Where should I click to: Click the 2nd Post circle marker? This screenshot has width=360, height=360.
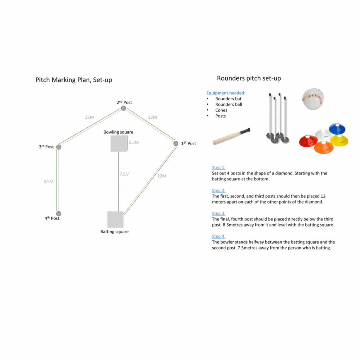pyautogui.click(x=123, y=108)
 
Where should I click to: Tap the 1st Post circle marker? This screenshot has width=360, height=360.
pyautogui.click(x=176, y=143)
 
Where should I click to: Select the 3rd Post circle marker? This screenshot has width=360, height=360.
pyautogui.click(x=59, y=147)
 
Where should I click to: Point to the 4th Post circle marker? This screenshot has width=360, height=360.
pyautogui.click(x=59, y=213)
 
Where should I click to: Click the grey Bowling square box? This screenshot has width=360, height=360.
pyautogui.click(x=118, y=144)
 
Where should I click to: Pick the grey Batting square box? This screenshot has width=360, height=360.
pyautogui.click(x=115, y=219)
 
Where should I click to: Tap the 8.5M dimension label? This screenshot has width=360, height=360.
pyautogui.click(x=49, y=181)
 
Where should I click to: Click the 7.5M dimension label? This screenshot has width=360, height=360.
pyautogui.click(x=124, y=174)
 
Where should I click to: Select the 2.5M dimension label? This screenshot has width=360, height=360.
pyautogui.click(x=134, y=142)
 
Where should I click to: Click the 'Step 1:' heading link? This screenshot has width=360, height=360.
pyautogui.click(x=219, y=167)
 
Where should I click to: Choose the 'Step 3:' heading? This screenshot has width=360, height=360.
pyautogui.click(x=219, y=213)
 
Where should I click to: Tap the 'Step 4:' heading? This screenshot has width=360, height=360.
pyautogui.click(x=219, y=236)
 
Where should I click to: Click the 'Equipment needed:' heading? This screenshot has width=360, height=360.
pyautogui.click(x=226, y=93)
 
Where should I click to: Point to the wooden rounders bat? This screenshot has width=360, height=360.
pyautogui.click(x=231, y=137)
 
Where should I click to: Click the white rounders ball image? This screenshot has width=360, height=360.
pyautogui.click(x=313, y=99)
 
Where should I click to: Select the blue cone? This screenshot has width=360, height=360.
pyautogui.click(x=337, y=128)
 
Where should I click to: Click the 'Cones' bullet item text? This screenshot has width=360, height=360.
pyautogui.click(x=221, y=110)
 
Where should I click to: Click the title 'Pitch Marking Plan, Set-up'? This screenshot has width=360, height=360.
pyautogui.click(x=74, y=80)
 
